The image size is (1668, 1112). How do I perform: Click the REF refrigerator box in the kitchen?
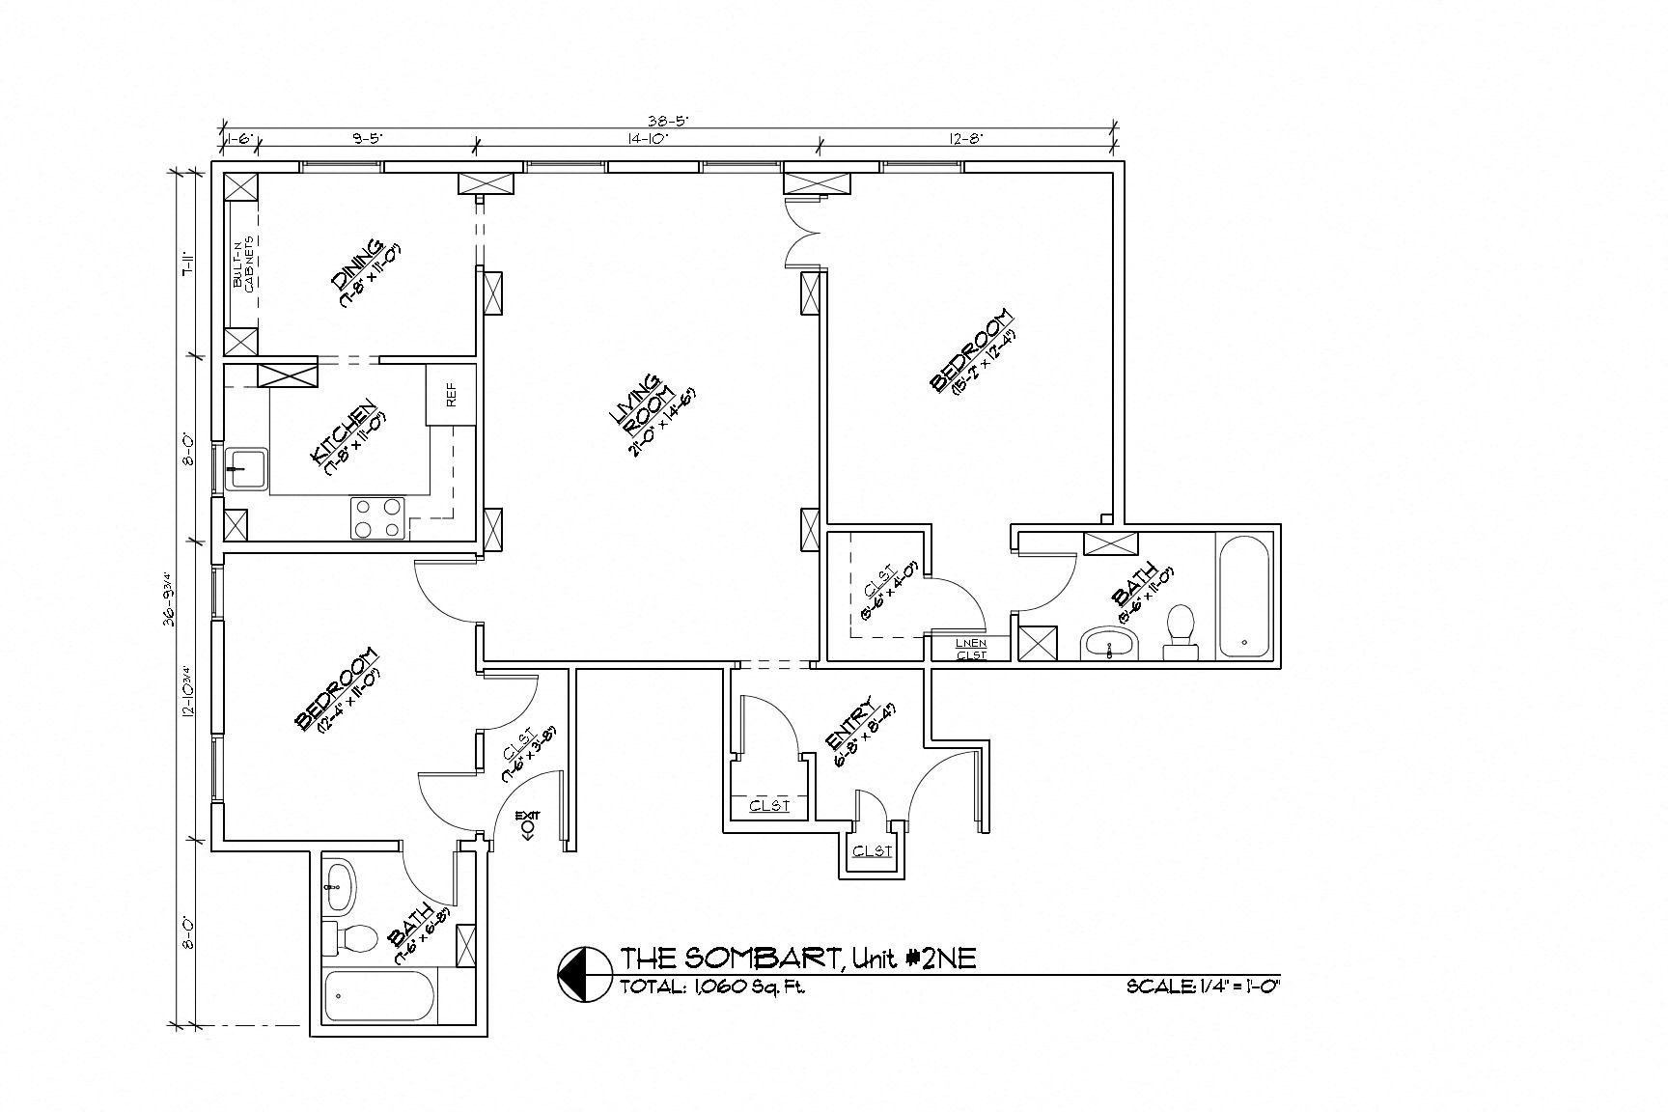(451, 394)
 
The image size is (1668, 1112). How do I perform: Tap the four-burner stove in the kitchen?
(377, 517)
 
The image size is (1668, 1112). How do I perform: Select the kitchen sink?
(245, 471)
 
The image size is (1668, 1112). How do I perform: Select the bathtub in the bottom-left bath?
(379, 995)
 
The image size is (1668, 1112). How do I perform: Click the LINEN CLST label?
(971, 649)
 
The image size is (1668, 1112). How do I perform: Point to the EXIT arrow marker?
(527, 826)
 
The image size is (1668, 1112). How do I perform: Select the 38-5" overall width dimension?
(667, 122)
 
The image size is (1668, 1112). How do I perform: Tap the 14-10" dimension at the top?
(648, 139)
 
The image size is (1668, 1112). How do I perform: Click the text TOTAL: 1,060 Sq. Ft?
(712, 987)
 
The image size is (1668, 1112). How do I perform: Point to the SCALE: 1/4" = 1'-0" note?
(1202, 987)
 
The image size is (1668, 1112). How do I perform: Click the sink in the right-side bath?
(1110, 643)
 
